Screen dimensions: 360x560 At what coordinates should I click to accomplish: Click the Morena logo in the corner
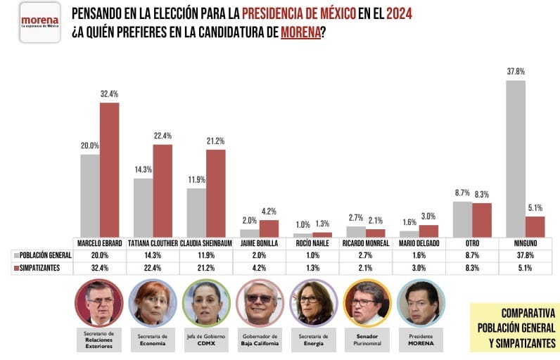pyautogui.click(x=39, y=22)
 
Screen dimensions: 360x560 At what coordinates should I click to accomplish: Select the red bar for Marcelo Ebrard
pyautogui.click(x=109, y=169)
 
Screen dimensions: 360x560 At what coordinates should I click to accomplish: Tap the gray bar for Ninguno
pyautogui.click(x=515, y=158)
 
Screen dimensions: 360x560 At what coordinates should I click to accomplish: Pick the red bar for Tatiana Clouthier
pyautogui.click(x=163, y=191)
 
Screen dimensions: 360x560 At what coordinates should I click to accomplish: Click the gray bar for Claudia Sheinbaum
pyautogui.click(x=196, y=212)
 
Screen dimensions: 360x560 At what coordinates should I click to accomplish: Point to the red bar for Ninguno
pyautogui.click(x=535, y=226)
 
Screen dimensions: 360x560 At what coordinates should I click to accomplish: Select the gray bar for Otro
pyautogui.click(x=462, y=219)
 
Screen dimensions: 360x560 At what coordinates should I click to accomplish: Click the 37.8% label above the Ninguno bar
pyautogui.click(x=515, y=72)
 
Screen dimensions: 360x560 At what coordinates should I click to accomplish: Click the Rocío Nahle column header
pyautogui.click(x=312, y=243)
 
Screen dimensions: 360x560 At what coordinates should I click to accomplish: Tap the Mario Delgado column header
pyautogui.click(x=419, y=243)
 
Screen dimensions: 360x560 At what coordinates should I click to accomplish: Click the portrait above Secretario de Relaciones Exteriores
pyautogui.click(x=98, y=302)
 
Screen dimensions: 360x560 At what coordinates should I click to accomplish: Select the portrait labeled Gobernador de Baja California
pyautogui.click(x=259, y=302)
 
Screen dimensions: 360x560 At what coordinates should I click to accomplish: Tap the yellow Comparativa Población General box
pyautogui.click(x=515, y=327)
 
